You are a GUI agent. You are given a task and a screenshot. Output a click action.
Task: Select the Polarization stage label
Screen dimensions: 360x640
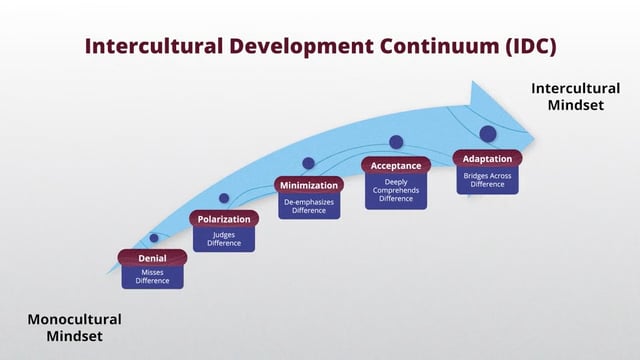tap(223, 219)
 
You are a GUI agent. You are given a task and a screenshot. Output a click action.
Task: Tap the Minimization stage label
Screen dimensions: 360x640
tap(308, 185)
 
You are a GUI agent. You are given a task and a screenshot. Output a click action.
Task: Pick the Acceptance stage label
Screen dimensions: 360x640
tap(396, 165)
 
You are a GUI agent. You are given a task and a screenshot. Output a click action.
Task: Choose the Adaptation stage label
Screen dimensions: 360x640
tap(487, 158)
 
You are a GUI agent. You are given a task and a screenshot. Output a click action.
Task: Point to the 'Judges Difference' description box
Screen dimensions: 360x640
tap(223, 239)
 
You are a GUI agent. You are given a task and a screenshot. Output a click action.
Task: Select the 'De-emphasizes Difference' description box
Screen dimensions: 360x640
tap(308, 206)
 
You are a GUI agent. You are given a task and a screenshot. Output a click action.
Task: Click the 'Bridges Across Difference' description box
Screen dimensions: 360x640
tap(487, 180)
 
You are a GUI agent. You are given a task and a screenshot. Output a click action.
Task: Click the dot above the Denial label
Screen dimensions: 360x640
tap(154, 237)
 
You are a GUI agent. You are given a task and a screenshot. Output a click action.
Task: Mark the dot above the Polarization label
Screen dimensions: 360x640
tap(224, 198)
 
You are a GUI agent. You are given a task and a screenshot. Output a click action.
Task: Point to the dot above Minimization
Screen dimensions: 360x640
tap(308, 163)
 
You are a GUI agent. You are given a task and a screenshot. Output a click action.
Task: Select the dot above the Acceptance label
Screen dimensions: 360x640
tap(396, 142)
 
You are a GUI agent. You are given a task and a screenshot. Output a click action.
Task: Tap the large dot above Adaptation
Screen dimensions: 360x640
tap(488, 133)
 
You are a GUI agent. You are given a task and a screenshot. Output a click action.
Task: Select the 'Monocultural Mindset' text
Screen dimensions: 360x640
tap(74, 328)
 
